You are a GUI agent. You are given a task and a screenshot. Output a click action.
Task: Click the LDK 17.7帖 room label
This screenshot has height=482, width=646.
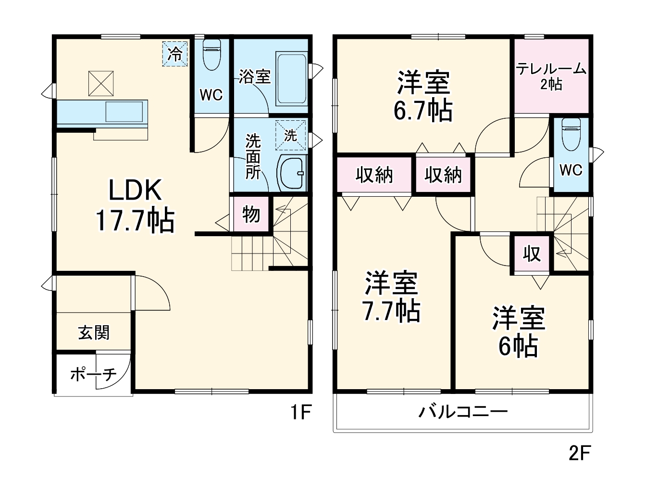point(135,205)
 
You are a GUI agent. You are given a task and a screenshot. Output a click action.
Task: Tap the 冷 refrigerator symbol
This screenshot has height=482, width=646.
point(175,54)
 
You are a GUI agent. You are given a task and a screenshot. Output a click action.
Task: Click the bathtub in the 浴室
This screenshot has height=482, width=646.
point(291,79)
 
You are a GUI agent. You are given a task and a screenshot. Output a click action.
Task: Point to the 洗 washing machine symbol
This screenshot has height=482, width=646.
point(290,136)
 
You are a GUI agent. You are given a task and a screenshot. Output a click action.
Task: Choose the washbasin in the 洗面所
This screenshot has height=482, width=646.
point(292,173)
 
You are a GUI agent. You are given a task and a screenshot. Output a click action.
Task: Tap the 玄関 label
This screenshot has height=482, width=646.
point(94,332)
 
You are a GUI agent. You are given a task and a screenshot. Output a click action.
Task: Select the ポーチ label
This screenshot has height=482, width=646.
point(93,374)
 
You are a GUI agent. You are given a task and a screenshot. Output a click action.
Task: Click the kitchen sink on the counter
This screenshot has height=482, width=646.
point(124,113)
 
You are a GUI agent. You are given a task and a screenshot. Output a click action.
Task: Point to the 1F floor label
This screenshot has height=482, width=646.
point(301,412)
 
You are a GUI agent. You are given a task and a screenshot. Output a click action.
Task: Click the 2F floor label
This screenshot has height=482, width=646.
point(579,453)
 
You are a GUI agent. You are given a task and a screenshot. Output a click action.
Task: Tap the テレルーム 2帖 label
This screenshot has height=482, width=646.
point(551,76)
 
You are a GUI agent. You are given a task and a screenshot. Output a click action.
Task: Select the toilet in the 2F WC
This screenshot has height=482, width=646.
point(571,131)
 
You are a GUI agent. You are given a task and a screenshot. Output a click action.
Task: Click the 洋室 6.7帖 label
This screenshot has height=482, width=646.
point(423,96)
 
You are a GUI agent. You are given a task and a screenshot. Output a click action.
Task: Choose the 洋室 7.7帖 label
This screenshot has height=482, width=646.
point(391,296)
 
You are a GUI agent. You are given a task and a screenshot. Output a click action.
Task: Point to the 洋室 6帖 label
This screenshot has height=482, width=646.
point(518,331)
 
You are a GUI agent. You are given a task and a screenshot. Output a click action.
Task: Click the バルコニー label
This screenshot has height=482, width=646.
point(463,412)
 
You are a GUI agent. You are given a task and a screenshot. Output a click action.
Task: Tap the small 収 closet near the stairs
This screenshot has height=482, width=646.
point(532,253)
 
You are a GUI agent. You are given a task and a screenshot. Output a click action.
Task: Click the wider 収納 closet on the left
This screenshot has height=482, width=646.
point(374,175)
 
